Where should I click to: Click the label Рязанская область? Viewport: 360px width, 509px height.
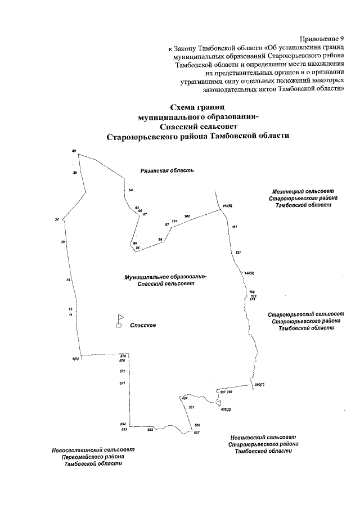[x=167, y=170]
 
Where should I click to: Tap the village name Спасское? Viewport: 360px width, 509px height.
[x=143, y=325]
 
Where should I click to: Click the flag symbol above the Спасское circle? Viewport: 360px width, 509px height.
[x=120, y=317]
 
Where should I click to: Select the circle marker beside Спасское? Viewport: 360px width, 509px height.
[x=119, y=325]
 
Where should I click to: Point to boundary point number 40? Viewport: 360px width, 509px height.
[x=74, y=151]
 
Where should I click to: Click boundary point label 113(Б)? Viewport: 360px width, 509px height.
[x=227, y=206]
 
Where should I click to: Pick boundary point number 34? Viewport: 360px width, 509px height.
[x=57, y=219]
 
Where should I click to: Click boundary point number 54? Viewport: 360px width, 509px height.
[x=130, y=191]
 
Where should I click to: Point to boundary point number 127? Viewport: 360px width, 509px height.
[x=238, y=251]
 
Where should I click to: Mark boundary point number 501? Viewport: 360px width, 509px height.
[x=191, y=407]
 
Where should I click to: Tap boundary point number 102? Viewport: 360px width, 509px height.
[x=187, y=216]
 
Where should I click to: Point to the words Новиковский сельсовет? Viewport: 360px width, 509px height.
[x=263, y=437]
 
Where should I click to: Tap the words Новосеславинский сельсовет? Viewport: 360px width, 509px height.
[x=93, y=450]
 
